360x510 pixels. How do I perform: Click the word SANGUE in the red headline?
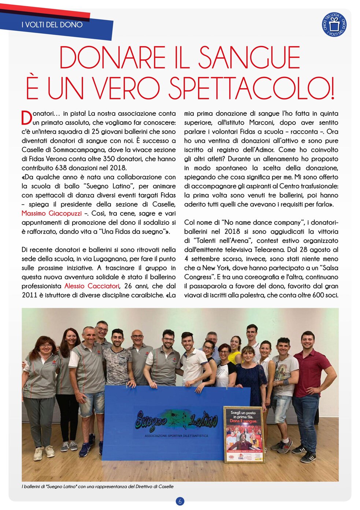pos(249,58)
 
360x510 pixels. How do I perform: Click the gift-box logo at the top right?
pos(334,25)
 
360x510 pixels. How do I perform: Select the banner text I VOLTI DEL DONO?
pos(52,25)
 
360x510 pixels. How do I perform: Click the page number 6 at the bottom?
pos(180,501)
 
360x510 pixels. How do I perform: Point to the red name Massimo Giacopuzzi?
pos(52,213)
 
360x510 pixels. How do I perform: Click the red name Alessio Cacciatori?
pos(92,286)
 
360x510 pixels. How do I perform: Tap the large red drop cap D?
pos(27,118)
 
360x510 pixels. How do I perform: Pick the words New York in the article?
pos(215,268)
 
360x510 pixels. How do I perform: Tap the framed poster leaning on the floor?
pos(244,435)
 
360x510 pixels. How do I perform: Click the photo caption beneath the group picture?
pos(97,487)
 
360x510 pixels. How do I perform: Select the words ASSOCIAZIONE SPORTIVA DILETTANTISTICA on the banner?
pos(177,436)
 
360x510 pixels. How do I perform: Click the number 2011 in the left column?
pos(29,295)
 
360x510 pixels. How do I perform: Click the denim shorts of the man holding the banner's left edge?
pos(92,403)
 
